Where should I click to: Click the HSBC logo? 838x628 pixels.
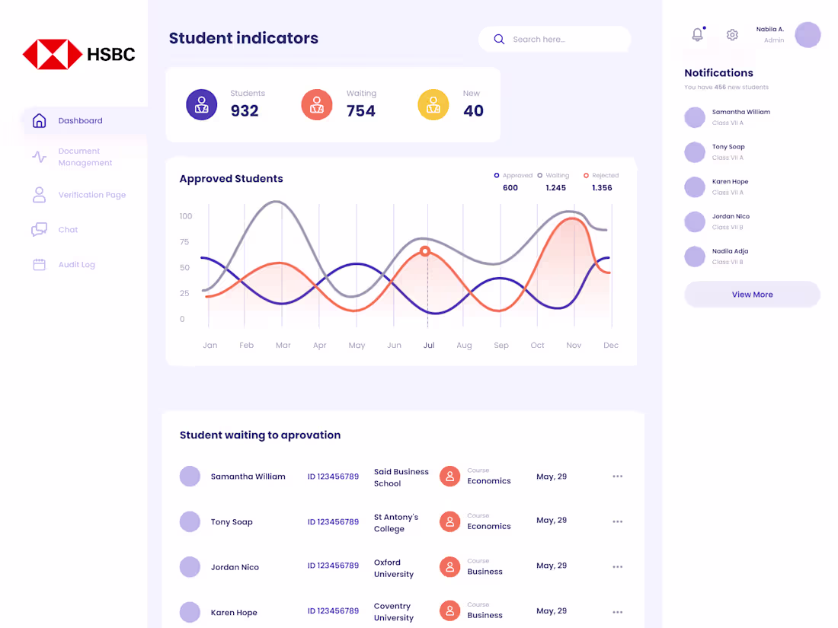point(78,54)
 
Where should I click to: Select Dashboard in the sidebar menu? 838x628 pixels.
point(80,121)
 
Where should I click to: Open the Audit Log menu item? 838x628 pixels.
point(76,265)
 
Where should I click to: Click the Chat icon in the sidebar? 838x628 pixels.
point(40,230)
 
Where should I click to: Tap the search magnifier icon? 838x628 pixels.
point(499,40)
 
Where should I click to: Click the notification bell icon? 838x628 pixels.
point(697,34)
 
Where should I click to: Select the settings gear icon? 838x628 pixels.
point(732,35)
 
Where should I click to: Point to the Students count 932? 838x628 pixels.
point(245,111)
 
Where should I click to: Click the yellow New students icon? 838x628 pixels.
point(433,104)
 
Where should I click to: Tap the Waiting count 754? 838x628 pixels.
point(361,111)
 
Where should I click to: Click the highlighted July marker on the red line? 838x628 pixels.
point(425,251)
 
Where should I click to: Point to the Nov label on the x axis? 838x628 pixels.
point(574,346)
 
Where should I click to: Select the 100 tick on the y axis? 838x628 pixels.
point(186,216)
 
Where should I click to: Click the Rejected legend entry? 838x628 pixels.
point(601,176)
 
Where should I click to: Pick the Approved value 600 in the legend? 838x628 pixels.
point(510,188)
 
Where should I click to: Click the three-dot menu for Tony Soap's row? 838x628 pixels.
point(617,522)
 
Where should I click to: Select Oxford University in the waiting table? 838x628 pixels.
point(393,569)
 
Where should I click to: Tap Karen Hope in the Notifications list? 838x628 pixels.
point(730,182)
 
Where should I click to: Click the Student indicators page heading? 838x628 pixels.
point(244,38)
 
